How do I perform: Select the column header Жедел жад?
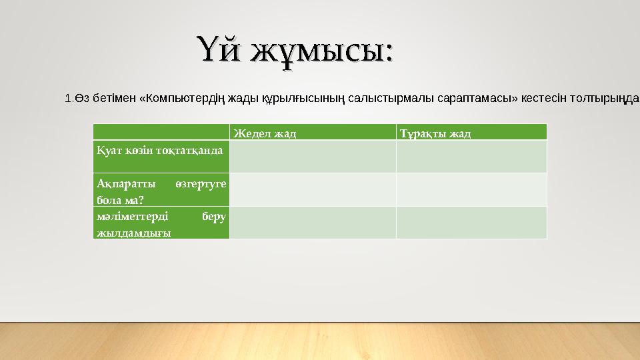click(265, 133)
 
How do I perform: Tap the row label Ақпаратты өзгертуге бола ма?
click(161, 190)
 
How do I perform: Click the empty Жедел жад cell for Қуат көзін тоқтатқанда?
click(313, 157)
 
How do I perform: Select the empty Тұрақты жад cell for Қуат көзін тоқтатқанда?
click(471, 157)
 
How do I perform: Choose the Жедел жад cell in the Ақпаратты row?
click(313, 190)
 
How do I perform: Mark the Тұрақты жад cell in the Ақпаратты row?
click(471, 190)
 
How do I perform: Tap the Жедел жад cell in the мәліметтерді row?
click(313, 223)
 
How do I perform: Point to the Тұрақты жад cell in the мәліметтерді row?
click(471, 223)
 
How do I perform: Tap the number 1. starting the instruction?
click(69, 99)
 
